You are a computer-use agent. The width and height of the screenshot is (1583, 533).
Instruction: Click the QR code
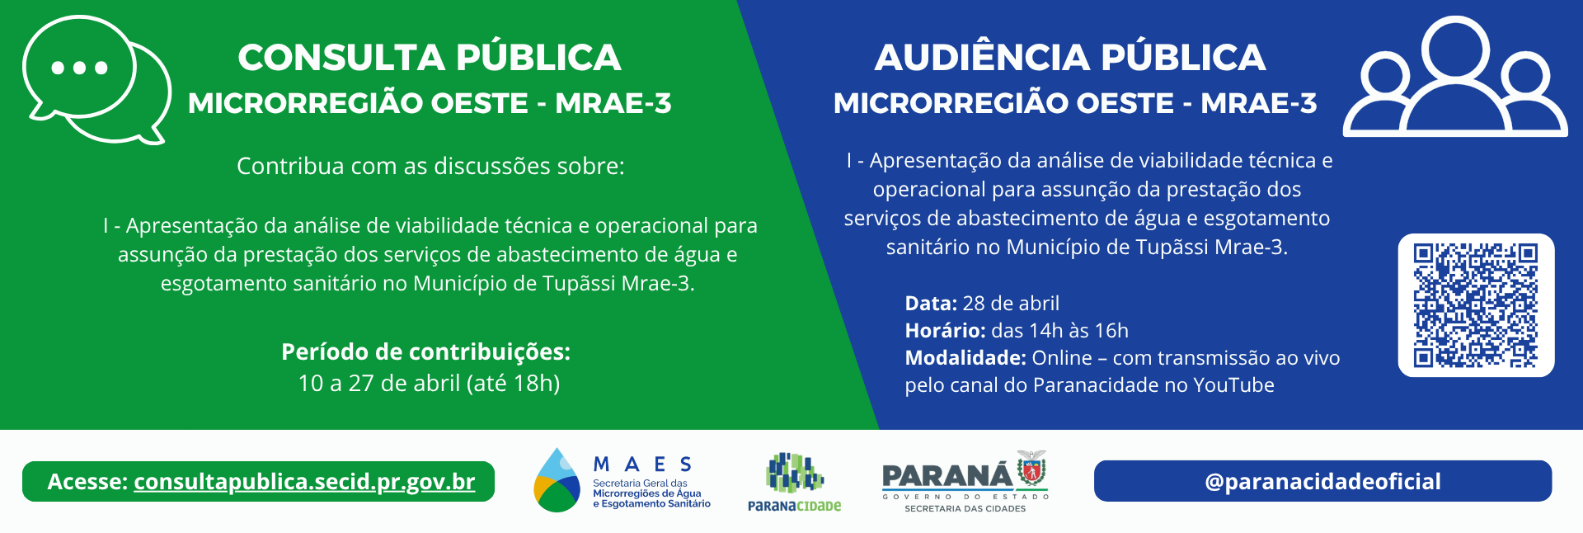1476,305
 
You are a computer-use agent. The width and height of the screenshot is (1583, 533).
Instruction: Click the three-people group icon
1455,78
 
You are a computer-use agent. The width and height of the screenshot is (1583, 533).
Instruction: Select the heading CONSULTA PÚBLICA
430,58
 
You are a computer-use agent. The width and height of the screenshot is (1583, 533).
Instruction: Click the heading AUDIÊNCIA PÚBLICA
1070,58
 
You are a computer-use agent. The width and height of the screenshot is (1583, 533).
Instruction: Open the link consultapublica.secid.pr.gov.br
304,482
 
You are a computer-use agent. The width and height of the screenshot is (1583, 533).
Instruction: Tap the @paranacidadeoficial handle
1322,482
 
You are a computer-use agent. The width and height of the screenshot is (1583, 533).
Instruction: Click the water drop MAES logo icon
557,481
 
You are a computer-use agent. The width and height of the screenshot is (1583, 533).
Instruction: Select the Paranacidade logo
794,483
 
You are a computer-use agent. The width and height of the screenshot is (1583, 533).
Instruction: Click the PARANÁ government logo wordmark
947,476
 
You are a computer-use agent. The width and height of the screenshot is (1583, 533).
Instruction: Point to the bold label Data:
931,304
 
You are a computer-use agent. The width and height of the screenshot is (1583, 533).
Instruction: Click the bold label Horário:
945,331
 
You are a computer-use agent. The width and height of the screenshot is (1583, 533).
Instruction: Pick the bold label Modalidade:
965,358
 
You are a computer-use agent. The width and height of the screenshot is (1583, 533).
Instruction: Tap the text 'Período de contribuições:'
425,352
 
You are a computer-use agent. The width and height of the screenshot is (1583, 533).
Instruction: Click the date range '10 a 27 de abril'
379,384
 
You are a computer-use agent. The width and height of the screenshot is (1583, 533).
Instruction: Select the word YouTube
1233,385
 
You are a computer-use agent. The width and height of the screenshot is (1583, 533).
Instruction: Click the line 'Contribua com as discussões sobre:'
430,167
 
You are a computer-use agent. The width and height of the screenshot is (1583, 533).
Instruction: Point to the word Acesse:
87,482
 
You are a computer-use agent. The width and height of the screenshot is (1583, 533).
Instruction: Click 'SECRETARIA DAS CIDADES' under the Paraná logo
965,509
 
